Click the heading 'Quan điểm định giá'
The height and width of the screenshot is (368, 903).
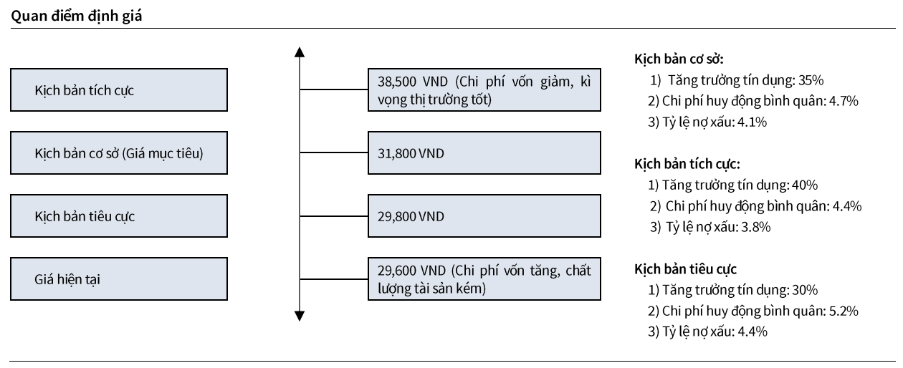[77, 16]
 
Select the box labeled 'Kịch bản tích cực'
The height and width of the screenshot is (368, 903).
[119, 89]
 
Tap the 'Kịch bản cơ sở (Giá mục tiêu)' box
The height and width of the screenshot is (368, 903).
[119, 153]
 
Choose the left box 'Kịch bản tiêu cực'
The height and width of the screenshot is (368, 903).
[119, 216]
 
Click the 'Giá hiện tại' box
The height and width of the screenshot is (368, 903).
[119, 279]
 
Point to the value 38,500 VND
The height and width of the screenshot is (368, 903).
[412, 82]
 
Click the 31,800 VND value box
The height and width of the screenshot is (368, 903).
[484, 153]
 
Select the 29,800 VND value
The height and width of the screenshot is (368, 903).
[411, 217]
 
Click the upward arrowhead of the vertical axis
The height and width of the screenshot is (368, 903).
[299, 52]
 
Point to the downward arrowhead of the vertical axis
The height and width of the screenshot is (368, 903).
[299, 316]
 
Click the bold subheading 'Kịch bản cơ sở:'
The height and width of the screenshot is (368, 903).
[679, 59]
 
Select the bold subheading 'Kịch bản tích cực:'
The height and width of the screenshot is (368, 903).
[687, 164]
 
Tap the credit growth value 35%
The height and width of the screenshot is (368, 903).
[811, 80]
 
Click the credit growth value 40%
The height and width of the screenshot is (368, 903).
[805, 185]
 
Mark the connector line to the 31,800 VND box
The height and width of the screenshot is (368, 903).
[334, 152]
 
